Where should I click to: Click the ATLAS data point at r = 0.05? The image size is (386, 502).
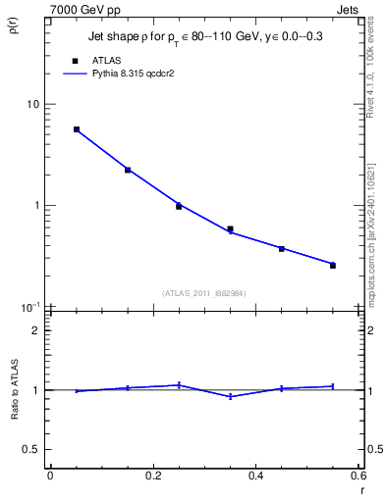click(x=77, y=129)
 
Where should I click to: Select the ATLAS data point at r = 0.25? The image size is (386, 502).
click(x=179, y=206)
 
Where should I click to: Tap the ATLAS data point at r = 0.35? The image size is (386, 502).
click(x=230, y=229)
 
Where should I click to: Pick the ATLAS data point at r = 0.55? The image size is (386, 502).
click(x=333, y=266)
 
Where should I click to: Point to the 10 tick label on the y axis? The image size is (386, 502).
click(x=32, y=105)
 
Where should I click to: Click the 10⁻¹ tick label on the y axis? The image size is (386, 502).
click(x=30, y=307)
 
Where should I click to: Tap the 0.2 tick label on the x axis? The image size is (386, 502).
click(x=152, y=476)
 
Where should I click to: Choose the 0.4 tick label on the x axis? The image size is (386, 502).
click(x=255, y=476)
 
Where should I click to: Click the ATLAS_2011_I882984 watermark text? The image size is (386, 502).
click(x=203, y=292)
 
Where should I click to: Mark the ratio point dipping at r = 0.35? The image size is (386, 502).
click(x=230, y=396)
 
